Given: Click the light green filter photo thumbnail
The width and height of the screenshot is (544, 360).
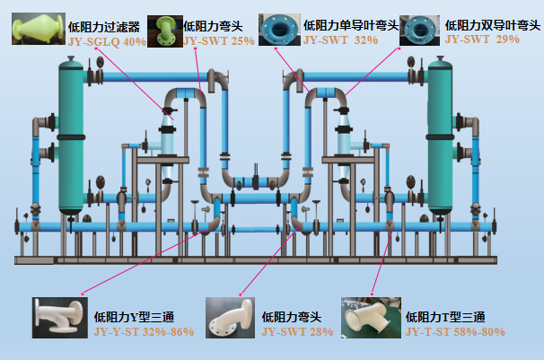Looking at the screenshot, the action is (x=39, y=29).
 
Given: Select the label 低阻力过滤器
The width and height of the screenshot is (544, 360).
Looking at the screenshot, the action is (x=104, y=27).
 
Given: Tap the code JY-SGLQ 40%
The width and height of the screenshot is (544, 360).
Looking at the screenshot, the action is (x=107, y=42).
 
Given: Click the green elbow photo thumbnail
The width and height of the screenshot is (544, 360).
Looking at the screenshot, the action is (x=165, y=31).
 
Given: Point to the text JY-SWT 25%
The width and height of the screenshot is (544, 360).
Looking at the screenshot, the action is (x=219, y=41).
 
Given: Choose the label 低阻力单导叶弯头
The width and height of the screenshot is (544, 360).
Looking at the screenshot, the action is (x=351, y=25).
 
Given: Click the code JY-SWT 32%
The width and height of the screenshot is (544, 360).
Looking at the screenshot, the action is (x=341, y=40).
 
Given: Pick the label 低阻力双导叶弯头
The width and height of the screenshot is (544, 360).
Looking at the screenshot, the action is (x=493, y=25).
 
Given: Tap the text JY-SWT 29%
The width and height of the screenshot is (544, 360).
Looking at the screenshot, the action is (x=482, y=40).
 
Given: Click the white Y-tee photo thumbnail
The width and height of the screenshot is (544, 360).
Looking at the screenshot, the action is (x=60, y=318).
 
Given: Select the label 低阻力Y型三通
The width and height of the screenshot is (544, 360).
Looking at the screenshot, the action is (x=134, y=317).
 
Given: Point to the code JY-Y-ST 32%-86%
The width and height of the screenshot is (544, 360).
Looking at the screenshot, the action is (x=144, y=332).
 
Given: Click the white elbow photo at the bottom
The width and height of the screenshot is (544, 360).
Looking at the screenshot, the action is (x=230, y=318).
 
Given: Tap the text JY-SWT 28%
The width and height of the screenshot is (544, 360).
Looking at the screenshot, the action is (x=298, y=332).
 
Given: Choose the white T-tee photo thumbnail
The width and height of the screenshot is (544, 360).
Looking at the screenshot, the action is (x=372, y=318).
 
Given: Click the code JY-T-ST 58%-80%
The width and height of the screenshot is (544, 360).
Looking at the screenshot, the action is (x=455, y=332).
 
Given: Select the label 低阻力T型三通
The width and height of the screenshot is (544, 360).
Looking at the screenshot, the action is (x=445, y=317).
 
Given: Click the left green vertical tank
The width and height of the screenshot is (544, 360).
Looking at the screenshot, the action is (x=71, y=136).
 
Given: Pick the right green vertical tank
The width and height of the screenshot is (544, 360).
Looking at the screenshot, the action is (x=440, y=136).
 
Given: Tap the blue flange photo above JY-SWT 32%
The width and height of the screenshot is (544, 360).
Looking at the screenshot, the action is (x=279, y=30).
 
